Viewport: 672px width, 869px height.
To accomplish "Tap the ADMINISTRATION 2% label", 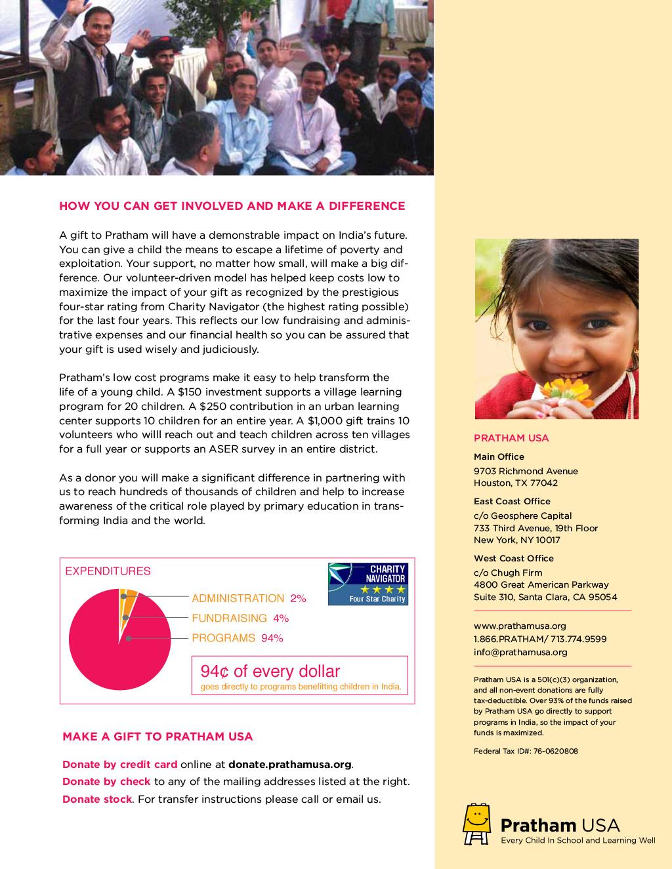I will pos(249,598).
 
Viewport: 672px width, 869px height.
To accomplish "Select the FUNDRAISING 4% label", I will pos(240,618).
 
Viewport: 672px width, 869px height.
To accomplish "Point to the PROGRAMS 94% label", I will pos(237,637).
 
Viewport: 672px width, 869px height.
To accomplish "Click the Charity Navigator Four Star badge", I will pos(367,584).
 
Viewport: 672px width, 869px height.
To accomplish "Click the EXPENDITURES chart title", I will pos(108,571).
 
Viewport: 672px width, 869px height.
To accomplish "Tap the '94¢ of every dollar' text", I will pos(270,672).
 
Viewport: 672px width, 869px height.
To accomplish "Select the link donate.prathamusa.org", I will pos(290,765).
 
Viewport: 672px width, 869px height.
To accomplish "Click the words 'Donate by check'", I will pos(106,782).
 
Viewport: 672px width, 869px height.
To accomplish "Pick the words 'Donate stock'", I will pos(97,799).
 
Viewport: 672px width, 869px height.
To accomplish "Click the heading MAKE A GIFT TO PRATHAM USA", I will pos(157,737).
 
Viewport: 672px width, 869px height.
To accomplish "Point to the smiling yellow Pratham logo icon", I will pos(477,824).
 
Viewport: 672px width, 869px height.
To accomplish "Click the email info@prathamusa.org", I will pos(520,652).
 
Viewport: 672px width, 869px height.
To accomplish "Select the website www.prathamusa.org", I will pos(520,626).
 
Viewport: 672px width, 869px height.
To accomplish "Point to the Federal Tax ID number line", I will pos(526,751).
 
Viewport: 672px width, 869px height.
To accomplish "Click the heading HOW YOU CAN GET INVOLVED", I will pos(232,206).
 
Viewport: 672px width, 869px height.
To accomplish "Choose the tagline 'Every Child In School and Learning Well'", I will pos(578,840).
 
